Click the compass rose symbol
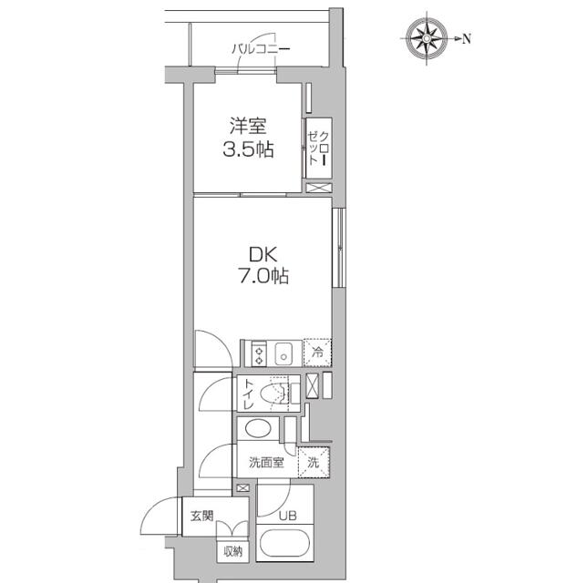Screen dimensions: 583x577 [x=426, y=38]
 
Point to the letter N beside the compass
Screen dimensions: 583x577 [x=466, y=38]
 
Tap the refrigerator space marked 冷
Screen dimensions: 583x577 [x=317, y=352]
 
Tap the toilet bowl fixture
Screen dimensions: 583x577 [x=273, y=394]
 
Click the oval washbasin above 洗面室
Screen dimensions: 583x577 [x=258, y=429]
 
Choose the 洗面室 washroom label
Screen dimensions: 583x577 [x=265, y=462]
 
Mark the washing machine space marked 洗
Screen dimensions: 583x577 [x=313, y=462]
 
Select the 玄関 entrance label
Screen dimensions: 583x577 [x=201, y=517]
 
